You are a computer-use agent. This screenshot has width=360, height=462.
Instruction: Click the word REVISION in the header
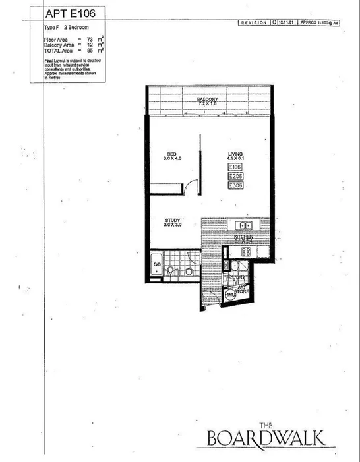coord(255,22)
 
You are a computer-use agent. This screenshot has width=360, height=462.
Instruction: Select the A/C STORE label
coord(242,289)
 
